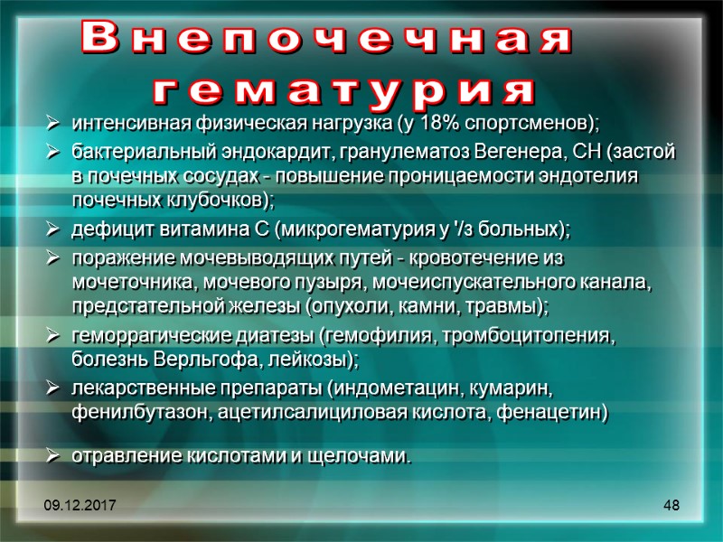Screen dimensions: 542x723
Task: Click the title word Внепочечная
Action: click(x=326, y=41)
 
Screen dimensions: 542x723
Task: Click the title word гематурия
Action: click(x=344, y=90)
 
